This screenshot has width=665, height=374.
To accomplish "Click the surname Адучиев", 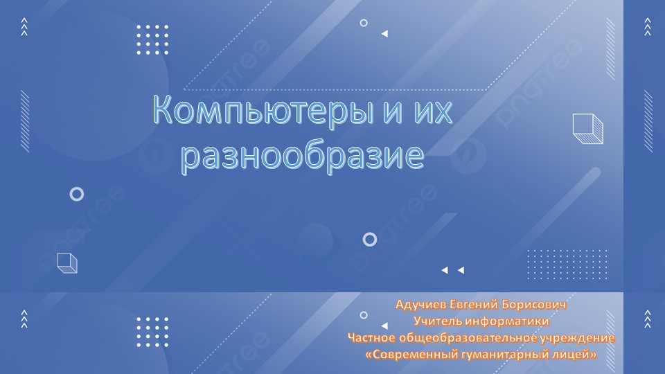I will point(420,305).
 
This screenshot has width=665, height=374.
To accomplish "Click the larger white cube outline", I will point(588,129).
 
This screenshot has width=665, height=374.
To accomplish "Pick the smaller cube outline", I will point(66,263).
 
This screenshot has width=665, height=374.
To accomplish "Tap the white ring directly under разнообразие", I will point(370,240).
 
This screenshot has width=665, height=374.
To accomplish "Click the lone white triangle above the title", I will point(384,33).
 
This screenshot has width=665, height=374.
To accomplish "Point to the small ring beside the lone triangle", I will point(364,23).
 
